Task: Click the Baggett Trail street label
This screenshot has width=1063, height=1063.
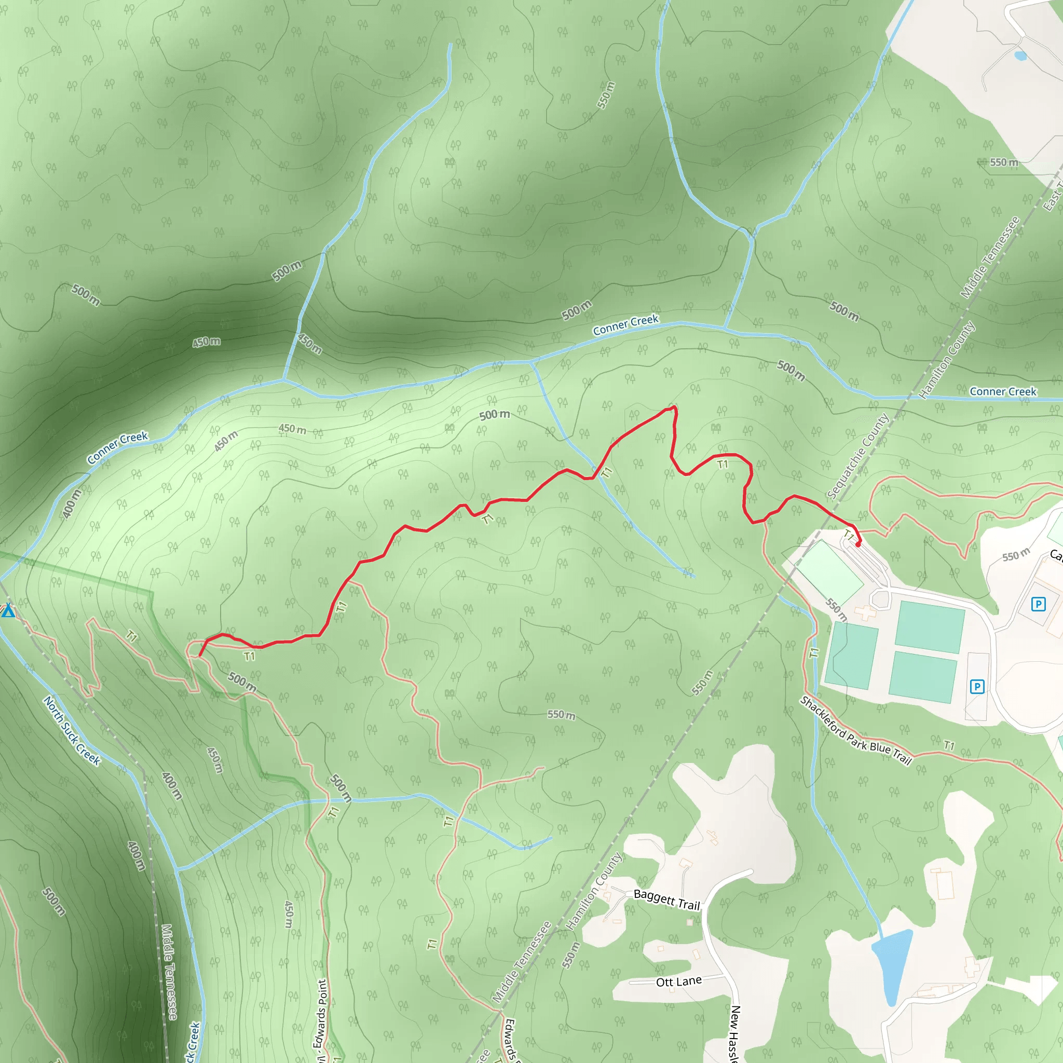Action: pyautogui.click(x=666, y=900)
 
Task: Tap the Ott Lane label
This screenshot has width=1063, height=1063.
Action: pyautogui.click(x=678, y=982)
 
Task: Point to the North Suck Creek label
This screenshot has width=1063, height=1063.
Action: pyautogui.click(x=72, y=731)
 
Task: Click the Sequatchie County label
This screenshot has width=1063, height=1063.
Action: pyautogui.click(x=858, y=456)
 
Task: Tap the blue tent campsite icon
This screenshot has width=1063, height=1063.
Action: pyautogui.click(x=8, y=610)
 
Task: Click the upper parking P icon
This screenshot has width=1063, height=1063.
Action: pyautogui.click(x=1038, y=605)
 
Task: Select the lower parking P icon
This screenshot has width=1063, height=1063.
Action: pyautogui.click(x=977, y=687)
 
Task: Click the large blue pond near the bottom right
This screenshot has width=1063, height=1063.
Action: pyautogui.click(x=891, y=966)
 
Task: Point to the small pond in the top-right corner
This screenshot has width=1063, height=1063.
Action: pyautogui.click(x=1020, y=56)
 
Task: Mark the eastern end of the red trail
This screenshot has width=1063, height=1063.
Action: pyautogui.click(x=858, y=544)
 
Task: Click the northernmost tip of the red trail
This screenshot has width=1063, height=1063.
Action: pyautogui.click(x=675, y=407)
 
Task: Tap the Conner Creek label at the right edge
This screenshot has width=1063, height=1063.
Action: pyautogui.click(x=1002, y=391)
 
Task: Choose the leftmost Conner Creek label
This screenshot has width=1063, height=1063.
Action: pyautogui.click(x=117, y=447)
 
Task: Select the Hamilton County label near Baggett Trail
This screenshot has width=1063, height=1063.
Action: pyautogui.click(x=594, y=891)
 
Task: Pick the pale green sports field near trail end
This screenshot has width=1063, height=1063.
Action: pyautogui.click(x=830, y=572)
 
